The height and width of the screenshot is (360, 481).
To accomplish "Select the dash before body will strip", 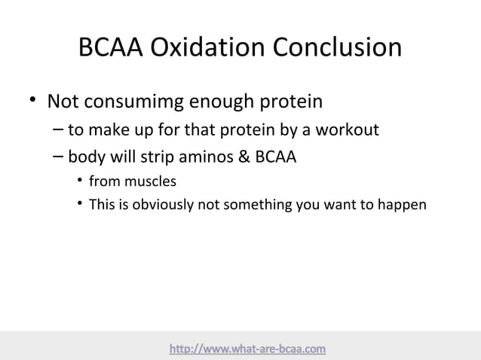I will (59, 157).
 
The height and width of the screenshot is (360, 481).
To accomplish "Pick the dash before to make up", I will (59, 130).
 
